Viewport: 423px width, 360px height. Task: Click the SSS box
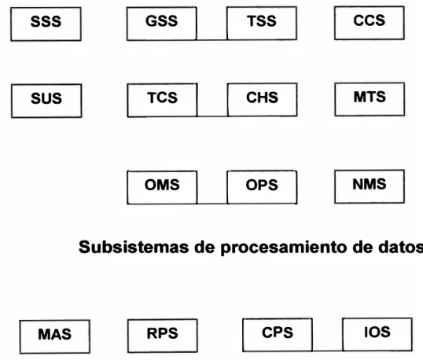coord(46,24)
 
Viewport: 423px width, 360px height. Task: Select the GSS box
coord(162,24)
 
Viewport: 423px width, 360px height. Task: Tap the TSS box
coord(262,24)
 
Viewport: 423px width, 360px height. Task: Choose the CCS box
coord(370,23)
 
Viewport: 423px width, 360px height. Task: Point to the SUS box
coord(46,101)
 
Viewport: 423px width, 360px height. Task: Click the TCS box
coord(162,100)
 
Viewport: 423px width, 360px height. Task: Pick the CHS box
coord(263,100)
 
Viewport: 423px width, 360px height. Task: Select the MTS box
coord(370,99)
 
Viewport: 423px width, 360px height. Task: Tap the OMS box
coord(162,187)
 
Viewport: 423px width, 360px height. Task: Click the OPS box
coord(262,187)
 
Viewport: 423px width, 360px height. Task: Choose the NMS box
coord(370,186)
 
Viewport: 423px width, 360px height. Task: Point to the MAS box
coord(54,336)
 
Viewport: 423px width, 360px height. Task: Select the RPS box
coord(163,336)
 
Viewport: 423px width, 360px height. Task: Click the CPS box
coord(278,335)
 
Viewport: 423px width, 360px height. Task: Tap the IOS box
coord(377,334)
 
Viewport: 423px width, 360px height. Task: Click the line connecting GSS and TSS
coord(211,40)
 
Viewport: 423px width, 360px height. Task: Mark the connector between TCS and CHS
coord(212,116)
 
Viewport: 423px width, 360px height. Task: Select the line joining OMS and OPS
coord(212,204)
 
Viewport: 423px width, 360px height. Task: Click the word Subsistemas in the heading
coord(134,247)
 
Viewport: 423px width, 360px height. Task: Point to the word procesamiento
coord(283,248)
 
